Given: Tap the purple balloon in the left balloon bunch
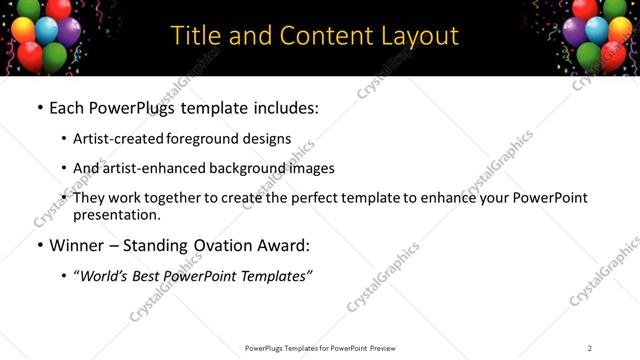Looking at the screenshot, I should tap(68, 31).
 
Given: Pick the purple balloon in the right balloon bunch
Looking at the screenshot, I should tap(576, 31).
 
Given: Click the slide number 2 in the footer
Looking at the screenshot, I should tap(589, 348).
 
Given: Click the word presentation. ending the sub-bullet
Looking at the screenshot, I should tap(116, 214).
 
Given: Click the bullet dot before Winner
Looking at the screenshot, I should tap(39, 245).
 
